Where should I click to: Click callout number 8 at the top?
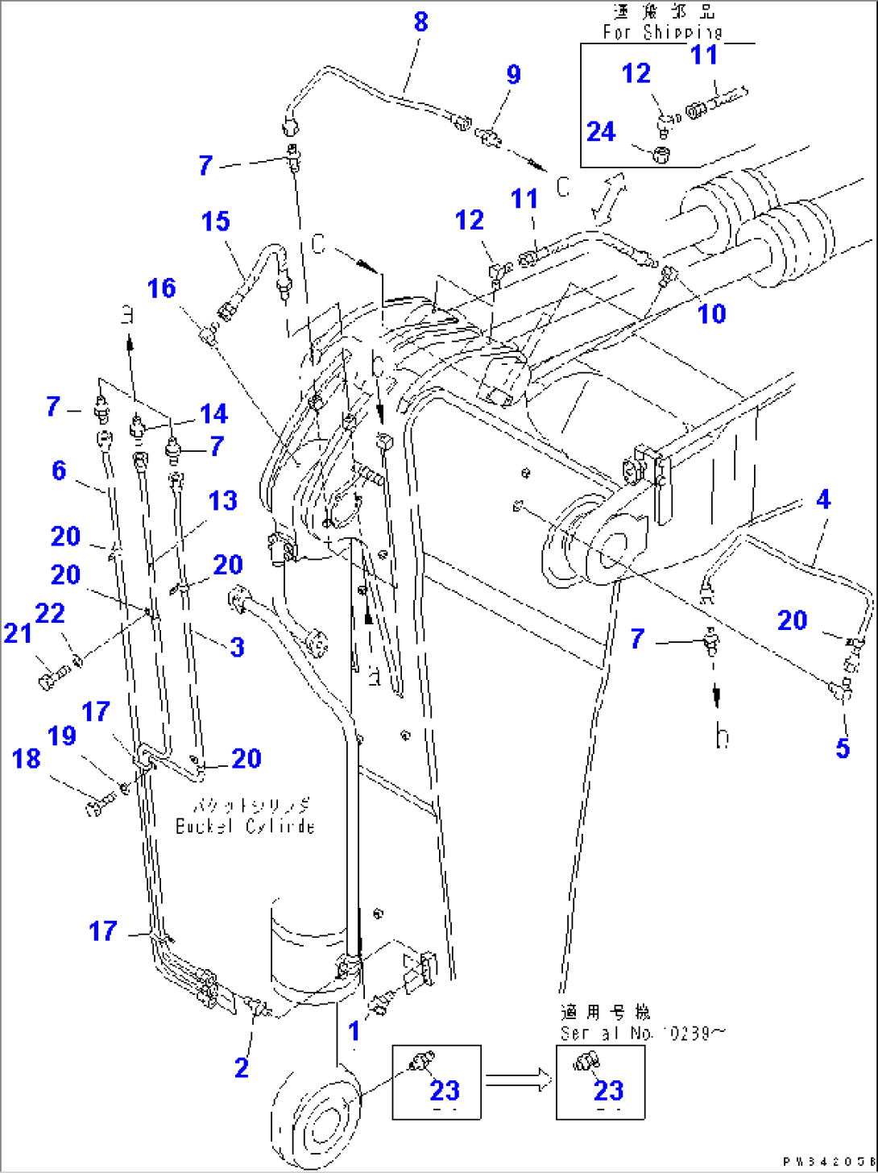(420, 23)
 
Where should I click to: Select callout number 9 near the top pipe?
(513, 74)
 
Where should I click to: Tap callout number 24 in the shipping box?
(601, 131)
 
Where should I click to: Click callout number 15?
(215, 222)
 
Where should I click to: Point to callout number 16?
(161, 288)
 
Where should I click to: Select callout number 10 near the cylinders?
(711, 313)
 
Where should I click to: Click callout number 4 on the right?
(822, 499)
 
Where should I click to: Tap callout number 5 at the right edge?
(842, 748)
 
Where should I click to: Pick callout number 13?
(222, 500)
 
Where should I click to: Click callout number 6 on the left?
(59, 470)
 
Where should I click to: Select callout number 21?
(18, 633)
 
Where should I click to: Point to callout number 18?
(26, 758)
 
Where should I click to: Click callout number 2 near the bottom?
(242, 1067)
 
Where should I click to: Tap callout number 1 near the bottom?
(354, 1030)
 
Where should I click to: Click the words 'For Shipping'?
(663, 32)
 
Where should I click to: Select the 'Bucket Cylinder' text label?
(245, 827)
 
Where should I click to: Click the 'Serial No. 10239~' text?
(642, 1033)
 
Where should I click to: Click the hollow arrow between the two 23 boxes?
(518, 1080)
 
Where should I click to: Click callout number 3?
(236, 647)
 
